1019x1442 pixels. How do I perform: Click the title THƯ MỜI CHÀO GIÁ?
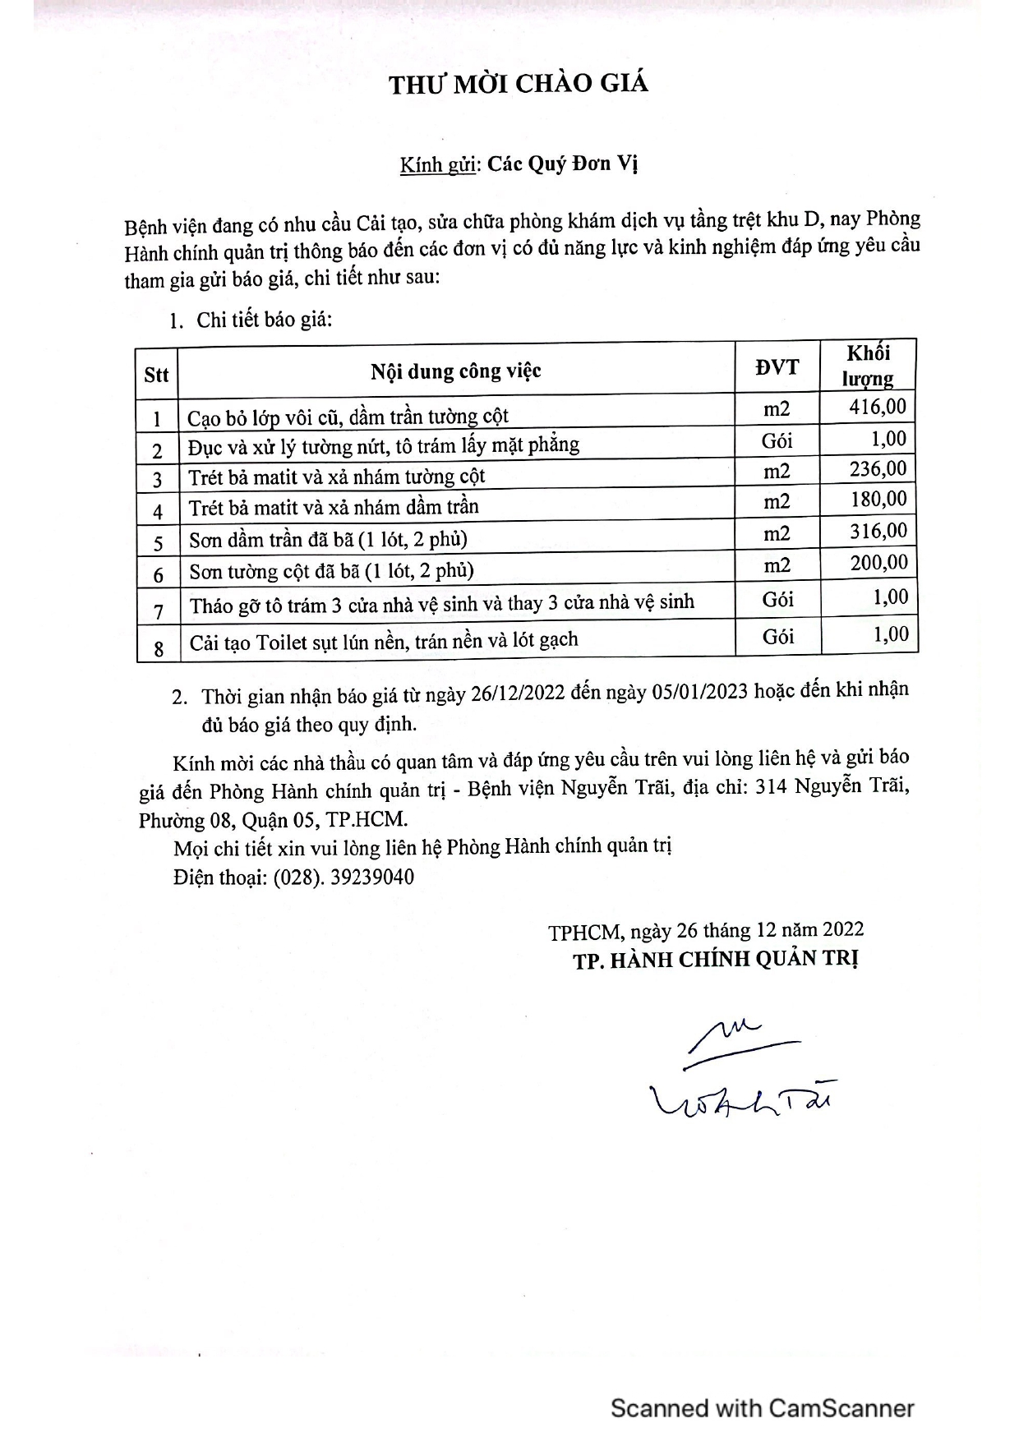click(x=519, y=84)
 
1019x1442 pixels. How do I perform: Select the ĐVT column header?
click(x=777, y=367)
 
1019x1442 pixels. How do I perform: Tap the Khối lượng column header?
click(x=868, y=366)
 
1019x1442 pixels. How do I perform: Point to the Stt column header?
click(x=156, y=375)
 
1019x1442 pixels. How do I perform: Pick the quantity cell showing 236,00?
click(x=878, y=469)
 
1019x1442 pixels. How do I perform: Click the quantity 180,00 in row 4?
click(x=878, y=500)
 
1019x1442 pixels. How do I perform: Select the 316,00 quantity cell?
click(x=878, y=532)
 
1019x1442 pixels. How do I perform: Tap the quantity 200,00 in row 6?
click(x=878, y=563)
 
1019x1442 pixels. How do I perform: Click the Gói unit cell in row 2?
click(x=777, y=440)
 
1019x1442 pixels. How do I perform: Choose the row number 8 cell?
click(x=159, y=648)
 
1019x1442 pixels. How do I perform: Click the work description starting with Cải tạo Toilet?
click(x=384, y=641)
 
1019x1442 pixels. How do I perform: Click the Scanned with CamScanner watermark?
click(x=762, y=1408)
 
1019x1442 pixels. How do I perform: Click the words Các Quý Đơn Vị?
click(x=563, y=164)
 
